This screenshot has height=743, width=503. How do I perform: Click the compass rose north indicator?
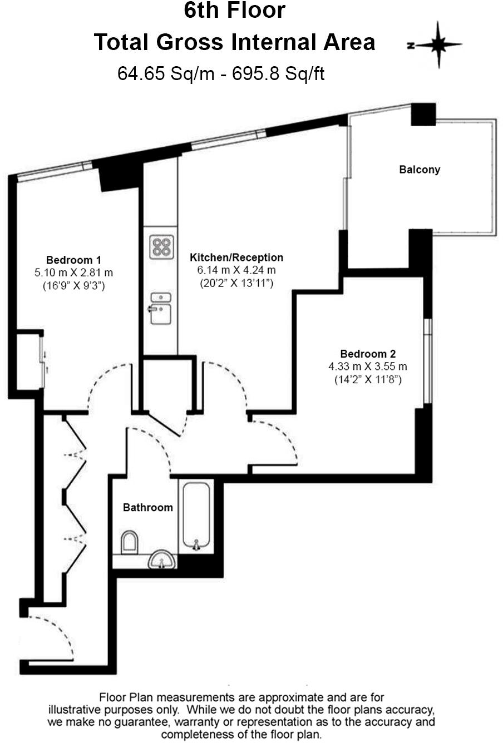coord(438,45)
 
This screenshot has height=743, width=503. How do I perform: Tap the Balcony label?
coord(420,170)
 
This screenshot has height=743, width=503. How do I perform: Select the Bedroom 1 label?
coord(73,260)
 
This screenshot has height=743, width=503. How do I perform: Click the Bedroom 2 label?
coord(368,354)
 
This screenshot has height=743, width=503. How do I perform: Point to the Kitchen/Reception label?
coord(236,257)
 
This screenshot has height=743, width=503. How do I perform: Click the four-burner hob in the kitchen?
coord(161,247)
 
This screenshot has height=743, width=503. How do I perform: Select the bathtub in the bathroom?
coord(196,515)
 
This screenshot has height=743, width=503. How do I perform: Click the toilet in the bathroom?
coord(130,542)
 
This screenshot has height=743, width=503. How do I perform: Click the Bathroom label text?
coord(147,507)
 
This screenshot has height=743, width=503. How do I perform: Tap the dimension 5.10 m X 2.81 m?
coord(73,273)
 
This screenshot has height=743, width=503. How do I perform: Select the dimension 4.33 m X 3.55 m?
coord(368,367)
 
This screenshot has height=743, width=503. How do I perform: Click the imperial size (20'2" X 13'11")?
coord(236,283)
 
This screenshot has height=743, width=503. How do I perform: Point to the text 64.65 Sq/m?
coord(165,73)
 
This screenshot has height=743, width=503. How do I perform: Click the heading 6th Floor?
coord(234,11)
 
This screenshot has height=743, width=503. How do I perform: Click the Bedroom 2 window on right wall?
coord(427,360)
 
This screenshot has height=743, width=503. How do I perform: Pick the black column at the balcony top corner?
coord(423,115)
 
